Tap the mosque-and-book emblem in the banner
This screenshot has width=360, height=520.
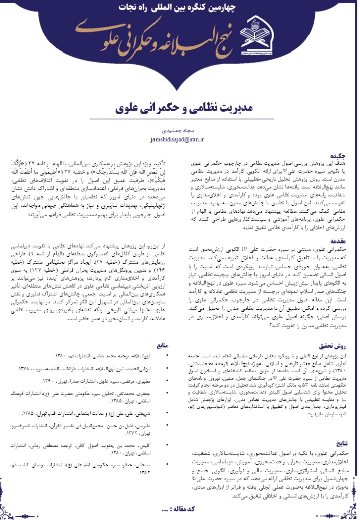coord(258,31)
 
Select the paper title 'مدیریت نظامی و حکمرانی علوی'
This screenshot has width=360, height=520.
coord(179,108)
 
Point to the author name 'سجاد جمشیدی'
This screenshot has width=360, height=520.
coord(179,129)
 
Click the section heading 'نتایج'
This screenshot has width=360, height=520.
coord(341,442)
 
